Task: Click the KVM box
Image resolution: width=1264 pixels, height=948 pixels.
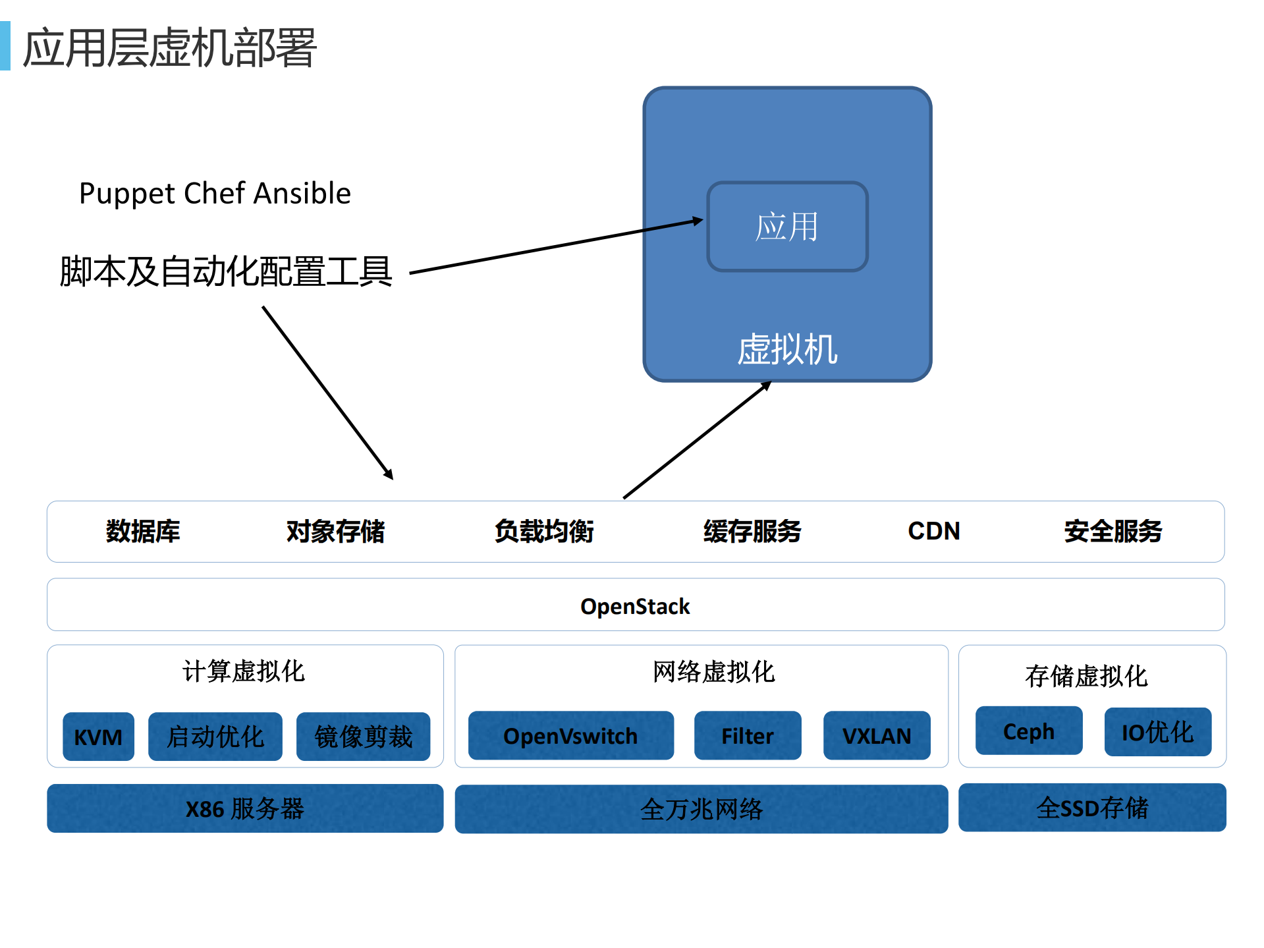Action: pos(98,736)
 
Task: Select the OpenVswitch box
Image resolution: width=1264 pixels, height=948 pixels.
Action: pos(570,735)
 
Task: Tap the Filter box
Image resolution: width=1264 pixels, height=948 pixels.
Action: pos(747,735)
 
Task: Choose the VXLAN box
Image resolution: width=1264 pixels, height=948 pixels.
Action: pos(876,735)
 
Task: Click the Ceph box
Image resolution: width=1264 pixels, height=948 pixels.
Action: pos(1028,731)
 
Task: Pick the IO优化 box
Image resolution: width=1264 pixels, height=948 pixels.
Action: pos(1157,731)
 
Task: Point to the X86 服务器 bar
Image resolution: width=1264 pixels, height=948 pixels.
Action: pos(245,808)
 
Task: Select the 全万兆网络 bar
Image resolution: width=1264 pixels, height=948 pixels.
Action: pos(701,809)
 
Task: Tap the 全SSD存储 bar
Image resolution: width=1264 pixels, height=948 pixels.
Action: pos(1091,808)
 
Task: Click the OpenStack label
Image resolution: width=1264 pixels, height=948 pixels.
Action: pos(635,606)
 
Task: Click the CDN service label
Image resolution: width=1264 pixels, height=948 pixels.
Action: pos(933,531)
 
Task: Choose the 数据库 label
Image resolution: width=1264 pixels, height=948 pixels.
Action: pos(143,531)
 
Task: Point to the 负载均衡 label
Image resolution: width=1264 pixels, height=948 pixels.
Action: pos(544,531)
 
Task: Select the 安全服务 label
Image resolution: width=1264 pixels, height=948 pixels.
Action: pos(1113,531)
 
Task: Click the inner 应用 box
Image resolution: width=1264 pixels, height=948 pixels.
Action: pos(787,227)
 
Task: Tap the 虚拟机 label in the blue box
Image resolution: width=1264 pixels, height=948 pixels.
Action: pos(787,349)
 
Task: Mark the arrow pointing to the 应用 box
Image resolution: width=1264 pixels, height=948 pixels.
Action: pos(557,246)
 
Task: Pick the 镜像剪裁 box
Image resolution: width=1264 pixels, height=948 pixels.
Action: pos(363,736)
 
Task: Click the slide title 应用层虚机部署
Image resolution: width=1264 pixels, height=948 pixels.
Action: pos(170,47)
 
